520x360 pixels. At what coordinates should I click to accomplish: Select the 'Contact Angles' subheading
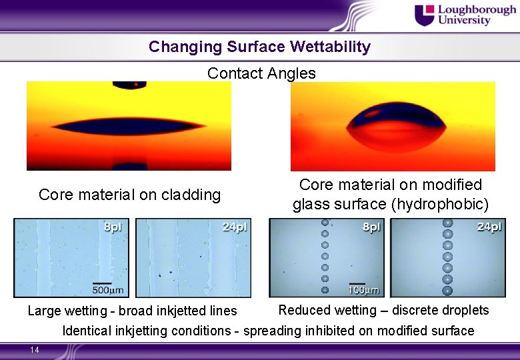[x=261, y=73]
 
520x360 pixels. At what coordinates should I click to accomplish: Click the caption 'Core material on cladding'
[x=129, y=195]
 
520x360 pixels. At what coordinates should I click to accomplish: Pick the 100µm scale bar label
[x=364, y=290]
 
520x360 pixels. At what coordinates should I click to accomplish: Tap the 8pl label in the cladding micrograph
[x=113, y=227]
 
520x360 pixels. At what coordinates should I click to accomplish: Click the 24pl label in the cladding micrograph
[x=233, y=227]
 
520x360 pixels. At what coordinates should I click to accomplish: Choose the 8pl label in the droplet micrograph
[x=371, y=227]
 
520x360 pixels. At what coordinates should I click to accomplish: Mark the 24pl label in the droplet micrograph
[x=489, y=227]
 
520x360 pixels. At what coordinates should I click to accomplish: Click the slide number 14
[x=35, y=350]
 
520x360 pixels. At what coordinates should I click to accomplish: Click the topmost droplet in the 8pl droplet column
[x=325, y=223]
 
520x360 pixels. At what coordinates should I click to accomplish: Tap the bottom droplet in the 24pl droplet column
[x=447, y=291]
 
